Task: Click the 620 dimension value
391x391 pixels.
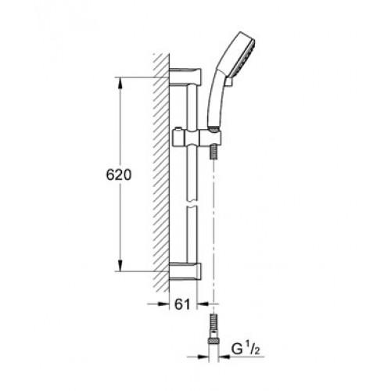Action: [119, 175]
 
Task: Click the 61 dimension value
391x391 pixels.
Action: [182, 304]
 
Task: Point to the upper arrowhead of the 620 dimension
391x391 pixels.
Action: [120, 83]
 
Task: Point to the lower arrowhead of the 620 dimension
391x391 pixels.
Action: [120, 266]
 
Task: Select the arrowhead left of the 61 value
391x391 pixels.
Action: [163, 303]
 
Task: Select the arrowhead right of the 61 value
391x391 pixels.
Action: [203, 303]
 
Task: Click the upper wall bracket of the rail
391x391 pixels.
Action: [185, 76]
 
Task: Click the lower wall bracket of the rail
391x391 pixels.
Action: [185, 271]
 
